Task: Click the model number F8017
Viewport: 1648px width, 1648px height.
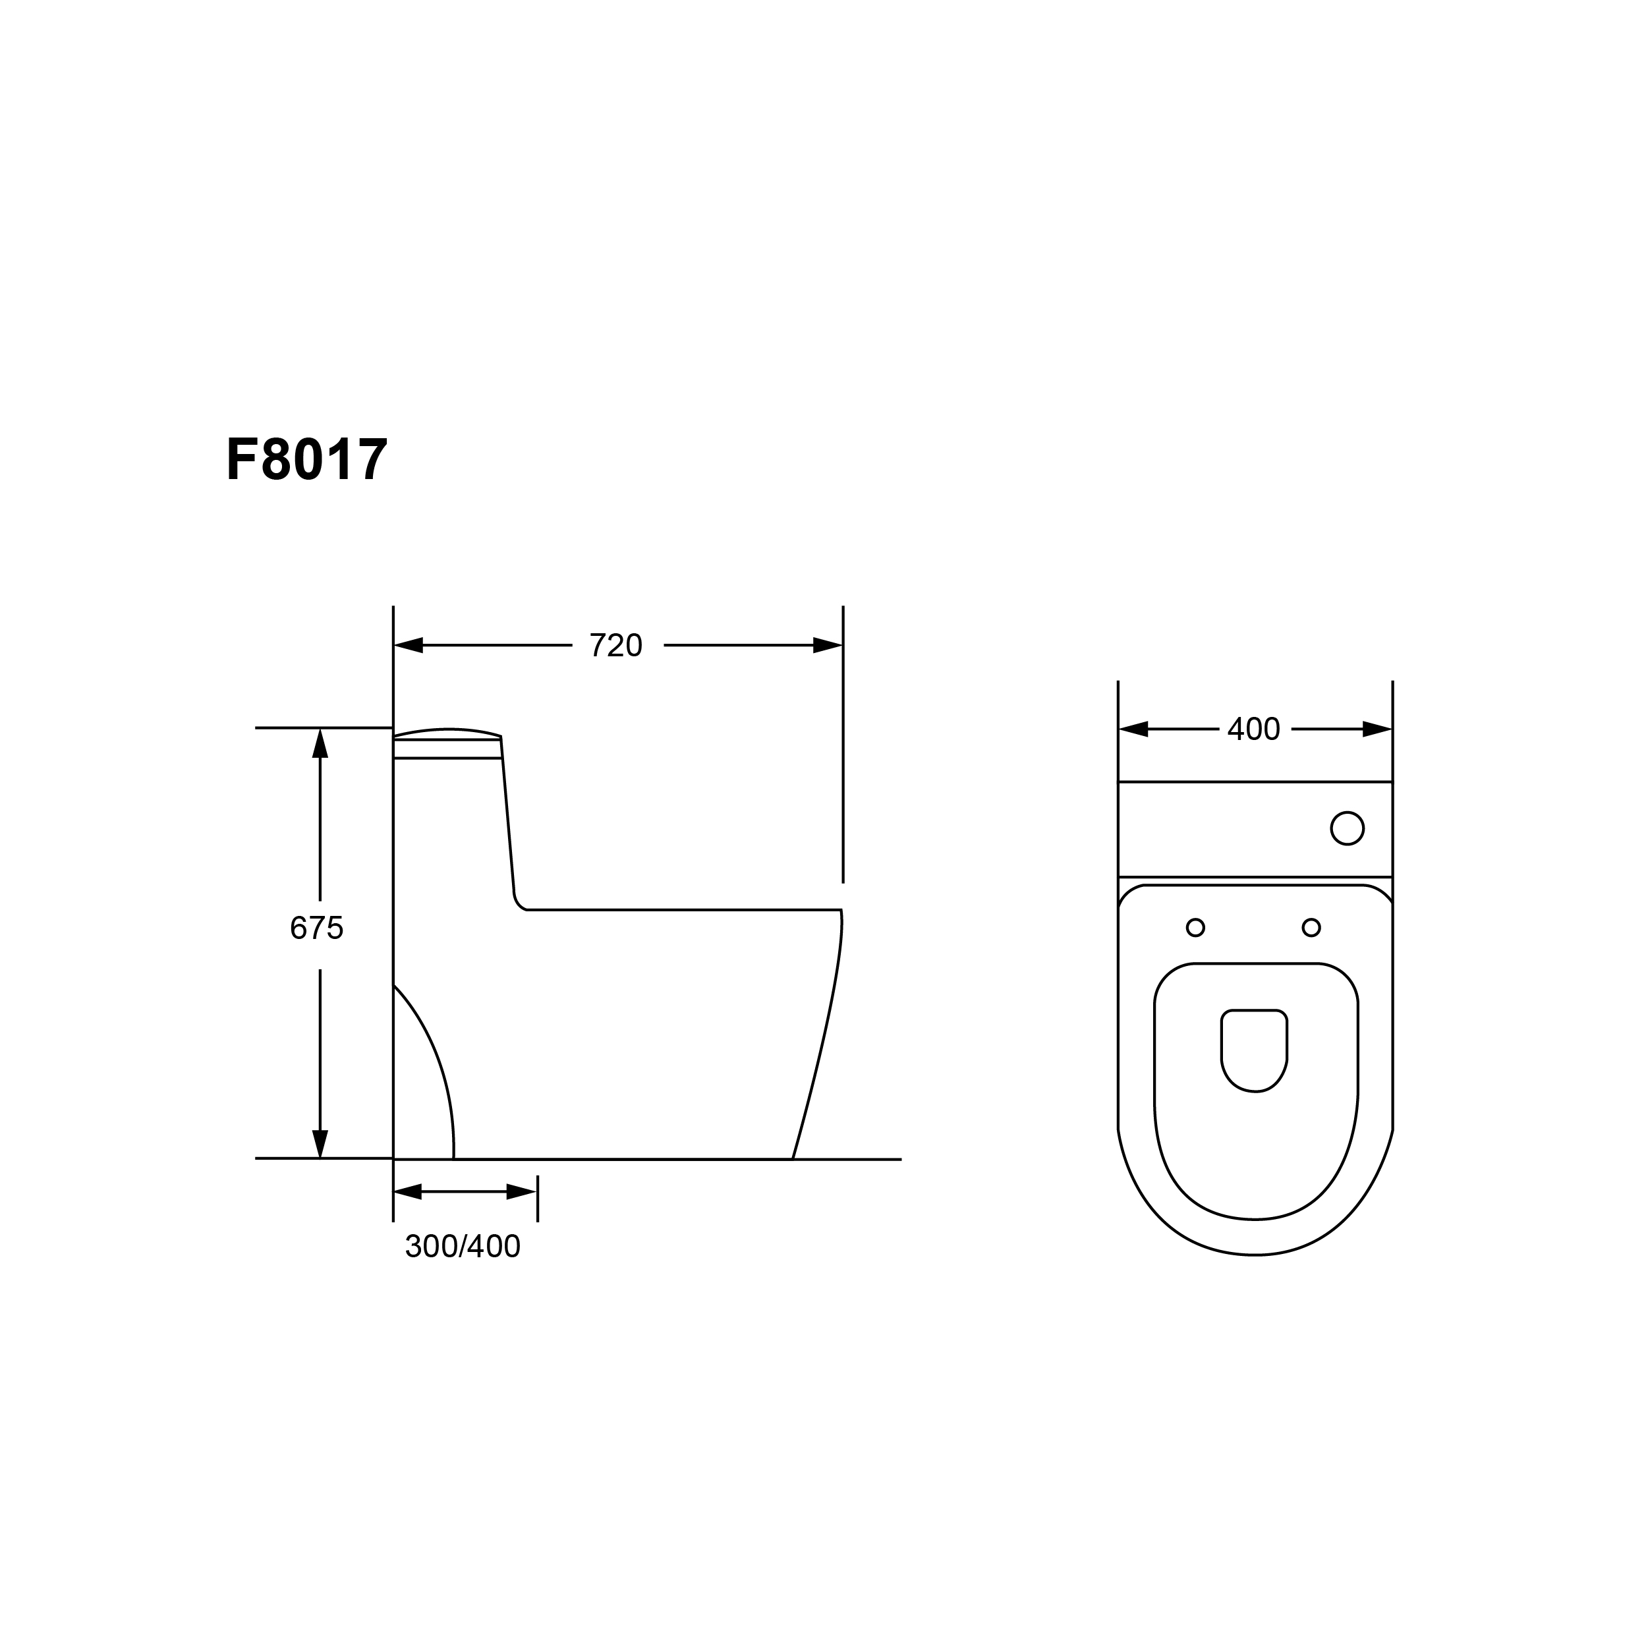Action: point(307,460)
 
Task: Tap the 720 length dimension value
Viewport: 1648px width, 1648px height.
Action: point(616,646)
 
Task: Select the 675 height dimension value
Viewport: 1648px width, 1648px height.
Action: point(316,928)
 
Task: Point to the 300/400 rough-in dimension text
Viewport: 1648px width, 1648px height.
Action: point(463,1247)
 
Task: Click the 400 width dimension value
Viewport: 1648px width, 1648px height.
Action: point(1254,729)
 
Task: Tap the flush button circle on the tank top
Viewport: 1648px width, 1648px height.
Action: point(1348,828)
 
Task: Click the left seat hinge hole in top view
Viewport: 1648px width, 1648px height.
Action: point(1196,927)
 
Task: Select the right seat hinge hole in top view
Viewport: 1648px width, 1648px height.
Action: point(1312,927)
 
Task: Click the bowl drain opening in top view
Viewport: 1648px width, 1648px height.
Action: point(1254,1051)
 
